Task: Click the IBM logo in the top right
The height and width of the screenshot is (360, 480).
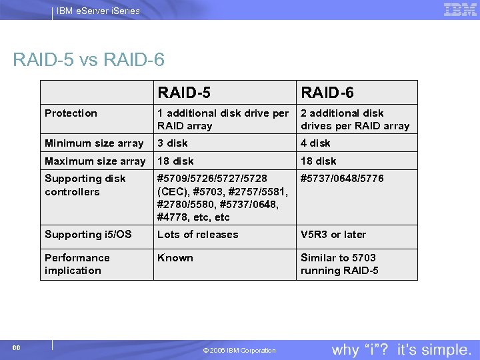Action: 460,9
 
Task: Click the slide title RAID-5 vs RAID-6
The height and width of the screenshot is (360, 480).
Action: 89,60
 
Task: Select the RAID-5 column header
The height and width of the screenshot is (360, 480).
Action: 184,93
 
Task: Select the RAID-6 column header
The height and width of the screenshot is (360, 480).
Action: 327,93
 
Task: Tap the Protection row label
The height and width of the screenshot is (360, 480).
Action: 71,113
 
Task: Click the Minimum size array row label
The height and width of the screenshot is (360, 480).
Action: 94,143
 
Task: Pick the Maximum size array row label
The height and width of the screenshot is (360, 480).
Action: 95,161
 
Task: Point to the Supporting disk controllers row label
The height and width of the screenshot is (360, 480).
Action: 85,185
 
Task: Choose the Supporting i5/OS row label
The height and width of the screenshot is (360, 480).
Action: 88,235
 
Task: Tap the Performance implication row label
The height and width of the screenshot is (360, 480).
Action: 77,264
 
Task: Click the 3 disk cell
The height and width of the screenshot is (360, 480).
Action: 173,143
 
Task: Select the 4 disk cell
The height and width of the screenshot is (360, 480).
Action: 315,143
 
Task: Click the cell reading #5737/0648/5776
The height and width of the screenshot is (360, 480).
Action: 342,179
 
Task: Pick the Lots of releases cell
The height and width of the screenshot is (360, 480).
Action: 197,235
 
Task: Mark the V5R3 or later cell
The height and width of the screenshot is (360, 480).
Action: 333,235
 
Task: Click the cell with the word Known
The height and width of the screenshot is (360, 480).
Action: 175,258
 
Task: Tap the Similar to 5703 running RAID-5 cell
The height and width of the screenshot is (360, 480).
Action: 339,264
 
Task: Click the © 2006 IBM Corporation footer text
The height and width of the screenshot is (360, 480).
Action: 239,351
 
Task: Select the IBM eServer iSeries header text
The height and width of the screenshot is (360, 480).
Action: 98,11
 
